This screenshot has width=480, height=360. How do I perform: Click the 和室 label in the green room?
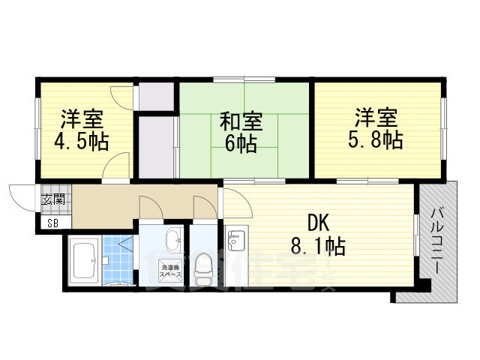pyautogui.click(x=241, y=121)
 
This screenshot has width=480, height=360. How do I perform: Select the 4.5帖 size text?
pyautogui.click(x=82, y=142)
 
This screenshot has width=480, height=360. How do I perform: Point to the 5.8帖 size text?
pyautogui.click(x=376, y=139)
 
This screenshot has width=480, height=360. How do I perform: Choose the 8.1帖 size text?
pyautogui.click(x=318, y=245)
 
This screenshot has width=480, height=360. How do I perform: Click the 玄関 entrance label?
pyautogui.click(x=52, y=199)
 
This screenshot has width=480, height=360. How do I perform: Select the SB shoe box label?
pyautogui.click(x=52, y=223)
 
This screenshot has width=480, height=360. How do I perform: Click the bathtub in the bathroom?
pyautogui.click(x=85, y=260)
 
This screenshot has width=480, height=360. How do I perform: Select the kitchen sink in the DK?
pyautogui.click(x=236, y=241)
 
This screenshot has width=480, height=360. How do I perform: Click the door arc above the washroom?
pyautogui.click(x=151, y=207)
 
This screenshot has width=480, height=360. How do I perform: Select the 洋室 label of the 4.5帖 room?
pyautogui.click(x=82, y=119)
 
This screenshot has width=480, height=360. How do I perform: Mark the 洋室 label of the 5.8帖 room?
pyautogui.click(x=376, y=118)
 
